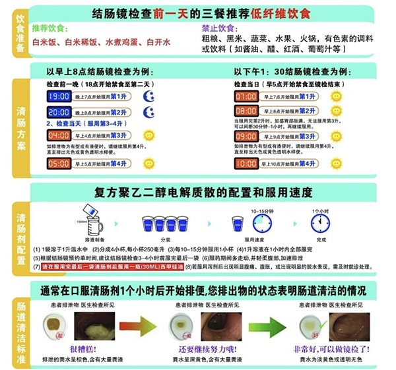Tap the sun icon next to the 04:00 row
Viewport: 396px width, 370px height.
coord(148,137)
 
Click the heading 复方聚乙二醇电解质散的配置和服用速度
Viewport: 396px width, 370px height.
coord(202,193)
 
